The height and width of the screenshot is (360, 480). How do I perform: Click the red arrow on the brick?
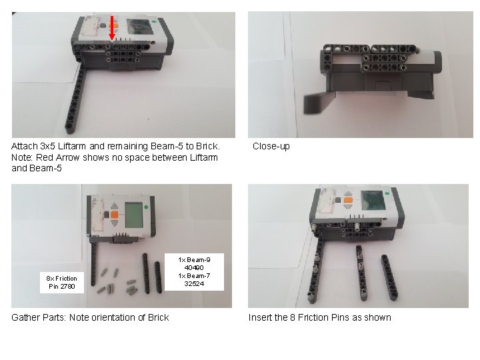pos(112,28)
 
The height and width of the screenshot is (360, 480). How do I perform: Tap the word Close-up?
pos(271,146)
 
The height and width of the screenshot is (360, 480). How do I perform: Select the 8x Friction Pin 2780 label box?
pos(62,282)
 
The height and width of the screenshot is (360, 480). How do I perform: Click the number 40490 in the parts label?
pos(194,267)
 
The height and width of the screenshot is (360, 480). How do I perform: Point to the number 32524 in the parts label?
pos(194,283)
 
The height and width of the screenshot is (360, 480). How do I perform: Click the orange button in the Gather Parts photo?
pos(115,215)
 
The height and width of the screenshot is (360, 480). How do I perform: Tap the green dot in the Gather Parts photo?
pos(146,207)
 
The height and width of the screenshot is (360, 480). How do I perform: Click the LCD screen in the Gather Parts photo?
pos(134,215)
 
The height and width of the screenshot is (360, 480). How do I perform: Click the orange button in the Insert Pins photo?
pos(348,200)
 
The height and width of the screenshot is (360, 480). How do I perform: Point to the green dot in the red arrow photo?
pos(154,22)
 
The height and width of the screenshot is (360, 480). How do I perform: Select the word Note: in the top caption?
pos(23,157)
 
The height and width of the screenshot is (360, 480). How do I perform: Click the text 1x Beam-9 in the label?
pos(194,259)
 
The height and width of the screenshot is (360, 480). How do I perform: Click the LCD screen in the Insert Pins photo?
pos(373,200)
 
